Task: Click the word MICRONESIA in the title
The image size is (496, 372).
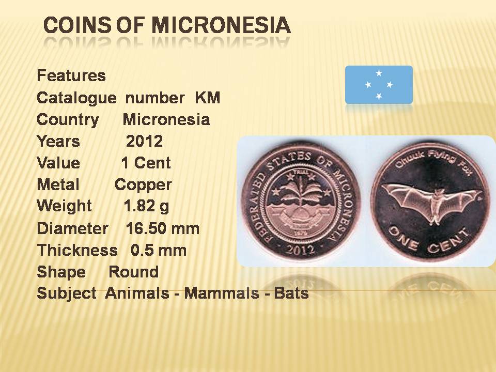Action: (221, 25)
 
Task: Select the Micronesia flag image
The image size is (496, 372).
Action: (379, 85)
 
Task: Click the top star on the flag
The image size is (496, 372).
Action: (379, 73)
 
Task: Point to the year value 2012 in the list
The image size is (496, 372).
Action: (144, 141)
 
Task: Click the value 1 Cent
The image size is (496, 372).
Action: (146, 163)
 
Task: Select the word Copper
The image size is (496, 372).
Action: (143, 185)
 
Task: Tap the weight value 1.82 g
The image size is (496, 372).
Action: (146, 206)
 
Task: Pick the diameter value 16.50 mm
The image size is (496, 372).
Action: (163, 228)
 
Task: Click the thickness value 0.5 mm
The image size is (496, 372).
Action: (159, 250)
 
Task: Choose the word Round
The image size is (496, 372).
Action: (133, 272)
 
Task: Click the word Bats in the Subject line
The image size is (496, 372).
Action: (291, 293)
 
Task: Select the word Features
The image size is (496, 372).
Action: (71, 75)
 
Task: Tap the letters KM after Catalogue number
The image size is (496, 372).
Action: (208, 98)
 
